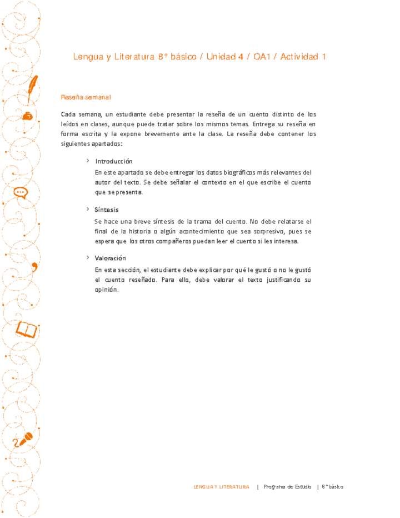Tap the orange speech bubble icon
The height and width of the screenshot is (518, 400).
[x=21, y=193]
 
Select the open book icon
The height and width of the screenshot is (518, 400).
[x=27, y=329]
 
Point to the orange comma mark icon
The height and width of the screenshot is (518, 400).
[x=35, y=266]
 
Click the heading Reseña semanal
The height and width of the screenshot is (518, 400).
[x=86, y=98]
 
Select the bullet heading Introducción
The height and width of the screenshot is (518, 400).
[x=114, y=161]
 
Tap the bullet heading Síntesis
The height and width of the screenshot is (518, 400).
[x=106, y=210]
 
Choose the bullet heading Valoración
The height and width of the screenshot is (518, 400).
[x=111, y=258]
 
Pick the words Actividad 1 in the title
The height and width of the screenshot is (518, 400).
[x=303, y=57]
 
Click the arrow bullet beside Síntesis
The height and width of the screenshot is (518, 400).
[x=87, y=210]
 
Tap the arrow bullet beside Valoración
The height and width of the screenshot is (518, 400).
[x=87, y=258]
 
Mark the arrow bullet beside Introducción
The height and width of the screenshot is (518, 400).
[x=87, y=161]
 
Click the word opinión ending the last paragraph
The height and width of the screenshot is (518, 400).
[x=107, y=290]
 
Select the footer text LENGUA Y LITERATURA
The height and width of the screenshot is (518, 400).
[x=221, y=487]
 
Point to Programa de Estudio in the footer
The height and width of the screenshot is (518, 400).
[x=287, y=487]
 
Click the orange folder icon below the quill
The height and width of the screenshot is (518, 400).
[x=27, y=115]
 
